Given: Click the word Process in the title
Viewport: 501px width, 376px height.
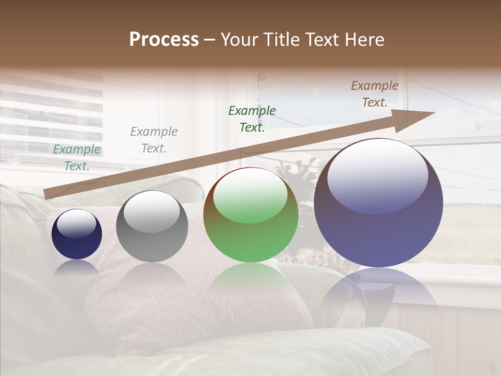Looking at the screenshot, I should [164, 40].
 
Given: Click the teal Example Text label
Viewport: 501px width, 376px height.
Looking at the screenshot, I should [77, 157].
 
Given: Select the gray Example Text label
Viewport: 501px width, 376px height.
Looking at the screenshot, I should [153, 139].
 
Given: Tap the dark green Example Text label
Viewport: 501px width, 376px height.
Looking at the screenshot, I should [252, 119].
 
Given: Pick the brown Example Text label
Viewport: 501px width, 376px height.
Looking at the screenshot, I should [375, 94].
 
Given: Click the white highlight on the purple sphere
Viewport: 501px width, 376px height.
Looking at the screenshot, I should [378, 175].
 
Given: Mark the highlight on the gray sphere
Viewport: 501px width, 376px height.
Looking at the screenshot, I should [152, 211].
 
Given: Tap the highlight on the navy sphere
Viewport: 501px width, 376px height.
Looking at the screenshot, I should [77, 224].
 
